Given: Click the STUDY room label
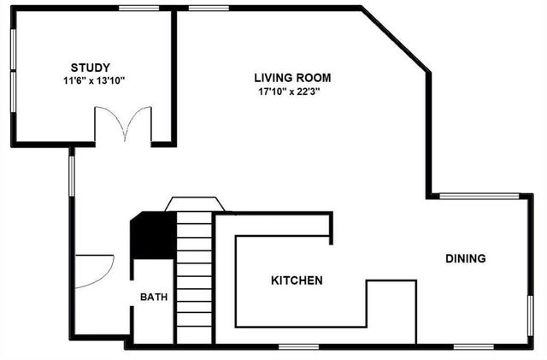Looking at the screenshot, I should tap(90, 67).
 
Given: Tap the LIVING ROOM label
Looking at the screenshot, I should tap(292, 76).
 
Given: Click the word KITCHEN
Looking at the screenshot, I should tap(297, 280).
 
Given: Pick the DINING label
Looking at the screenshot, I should tap(465, 258).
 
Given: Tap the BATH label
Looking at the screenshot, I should tap(154, 298).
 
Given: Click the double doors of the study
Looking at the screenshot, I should tap(123, 125).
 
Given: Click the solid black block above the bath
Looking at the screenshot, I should tap(152, 235).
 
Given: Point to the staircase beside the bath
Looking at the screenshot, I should tap(194, 278).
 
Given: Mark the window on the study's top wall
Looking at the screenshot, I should tap(136, 9).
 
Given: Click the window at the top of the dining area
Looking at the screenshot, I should tap(478, 196).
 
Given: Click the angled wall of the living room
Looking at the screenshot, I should tap(395, 40).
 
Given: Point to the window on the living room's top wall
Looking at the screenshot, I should tap(202, 9).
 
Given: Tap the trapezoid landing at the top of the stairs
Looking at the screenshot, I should tap(194, 204).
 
